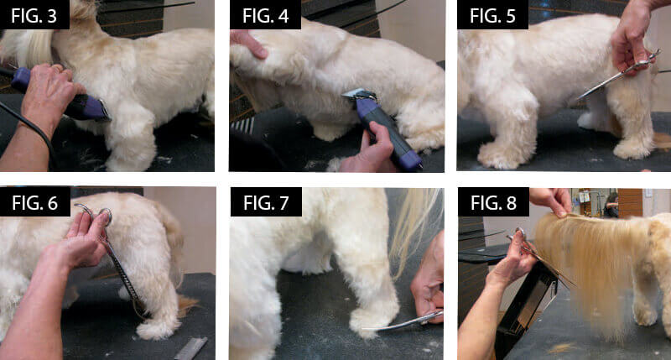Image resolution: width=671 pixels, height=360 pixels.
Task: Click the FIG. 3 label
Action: click(x=34, y=16)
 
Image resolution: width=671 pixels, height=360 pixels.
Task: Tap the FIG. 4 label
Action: click(x=265, y=16)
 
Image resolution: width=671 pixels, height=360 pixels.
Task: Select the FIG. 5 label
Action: click(x=492, y=16)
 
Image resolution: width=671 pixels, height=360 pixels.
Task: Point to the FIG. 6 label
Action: click(x=34, y=202)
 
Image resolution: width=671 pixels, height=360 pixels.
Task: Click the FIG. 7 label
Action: click(x=266, y=202)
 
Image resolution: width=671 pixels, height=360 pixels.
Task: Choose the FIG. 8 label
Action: click(x=493, y=202)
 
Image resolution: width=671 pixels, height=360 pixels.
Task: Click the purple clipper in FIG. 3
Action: click(x=60, y=97)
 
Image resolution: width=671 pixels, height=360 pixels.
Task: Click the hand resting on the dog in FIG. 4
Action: click(x=249, y=44)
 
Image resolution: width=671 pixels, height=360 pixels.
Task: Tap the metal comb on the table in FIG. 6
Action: click(x=190, y=348)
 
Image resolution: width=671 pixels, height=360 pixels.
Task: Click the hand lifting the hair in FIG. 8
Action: click(x=551, y=201)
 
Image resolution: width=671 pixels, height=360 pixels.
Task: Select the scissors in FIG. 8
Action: click(x=540, y=258)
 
